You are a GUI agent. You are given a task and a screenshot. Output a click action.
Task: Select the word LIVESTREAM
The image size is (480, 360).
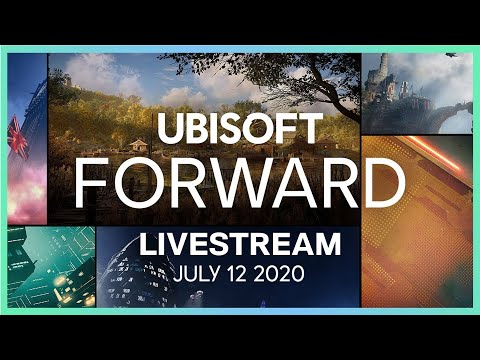(239, 244)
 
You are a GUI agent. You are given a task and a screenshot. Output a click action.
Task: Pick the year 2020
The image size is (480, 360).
(277, 273)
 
